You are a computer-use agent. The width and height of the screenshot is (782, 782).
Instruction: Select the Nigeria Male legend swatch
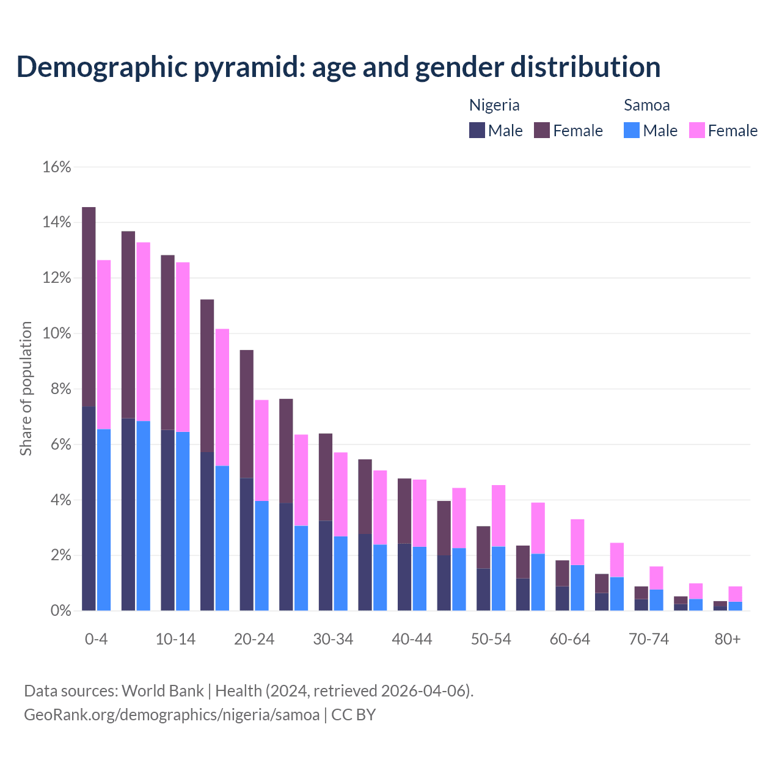477,130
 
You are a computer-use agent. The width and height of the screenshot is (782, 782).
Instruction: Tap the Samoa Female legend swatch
696,130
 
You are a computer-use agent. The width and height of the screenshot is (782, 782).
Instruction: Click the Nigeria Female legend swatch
542,130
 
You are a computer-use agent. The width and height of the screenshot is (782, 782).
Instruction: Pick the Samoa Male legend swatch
632,130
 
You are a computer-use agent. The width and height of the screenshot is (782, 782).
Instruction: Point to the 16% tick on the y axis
57,167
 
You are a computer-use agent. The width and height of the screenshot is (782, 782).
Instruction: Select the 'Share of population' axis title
26,389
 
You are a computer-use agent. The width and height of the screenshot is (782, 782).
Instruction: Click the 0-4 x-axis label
97,640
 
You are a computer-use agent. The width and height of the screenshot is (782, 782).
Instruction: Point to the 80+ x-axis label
728,640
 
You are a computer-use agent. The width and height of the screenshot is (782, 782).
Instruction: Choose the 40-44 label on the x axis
412,640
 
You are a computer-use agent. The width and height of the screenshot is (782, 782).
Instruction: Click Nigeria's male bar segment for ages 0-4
89,508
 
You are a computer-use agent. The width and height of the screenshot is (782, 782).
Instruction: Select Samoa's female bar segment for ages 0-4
104,345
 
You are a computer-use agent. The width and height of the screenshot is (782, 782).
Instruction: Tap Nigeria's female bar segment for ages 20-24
246,414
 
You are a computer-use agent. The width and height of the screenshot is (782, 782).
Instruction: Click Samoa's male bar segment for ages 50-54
499,579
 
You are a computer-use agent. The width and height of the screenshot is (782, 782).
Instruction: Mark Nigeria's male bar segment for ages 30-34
326,565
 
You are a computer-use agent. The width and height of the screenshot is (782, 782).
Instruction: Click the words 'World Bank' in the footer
163,691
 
